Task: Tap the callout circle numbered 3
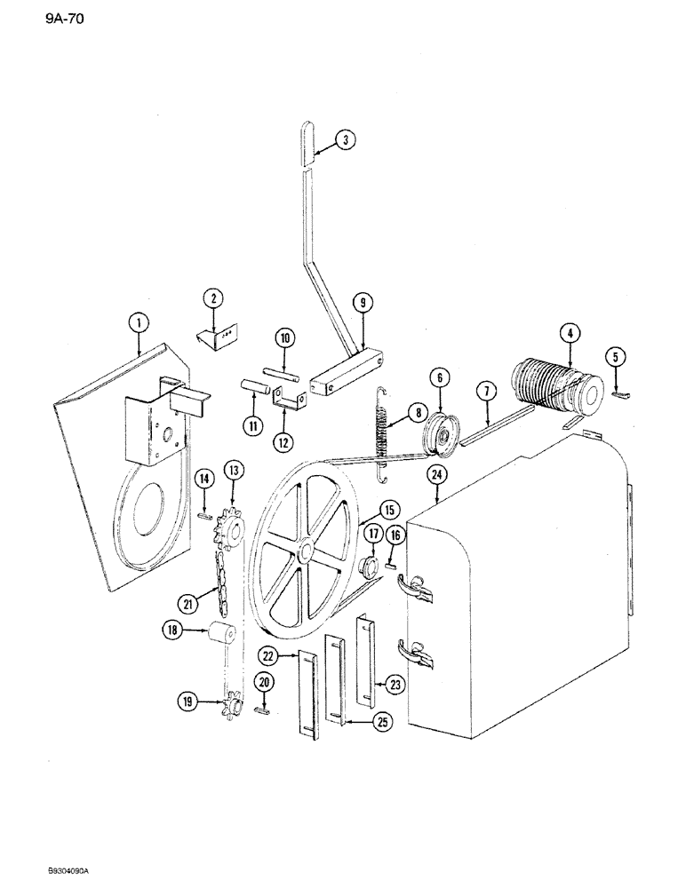pyautogui.click(x=346, y=139)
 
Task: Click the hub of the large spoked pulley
pyautogui.click(x=307, y=551)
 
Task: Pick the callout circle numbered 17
pyautogui.click(x=371, y=534)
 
